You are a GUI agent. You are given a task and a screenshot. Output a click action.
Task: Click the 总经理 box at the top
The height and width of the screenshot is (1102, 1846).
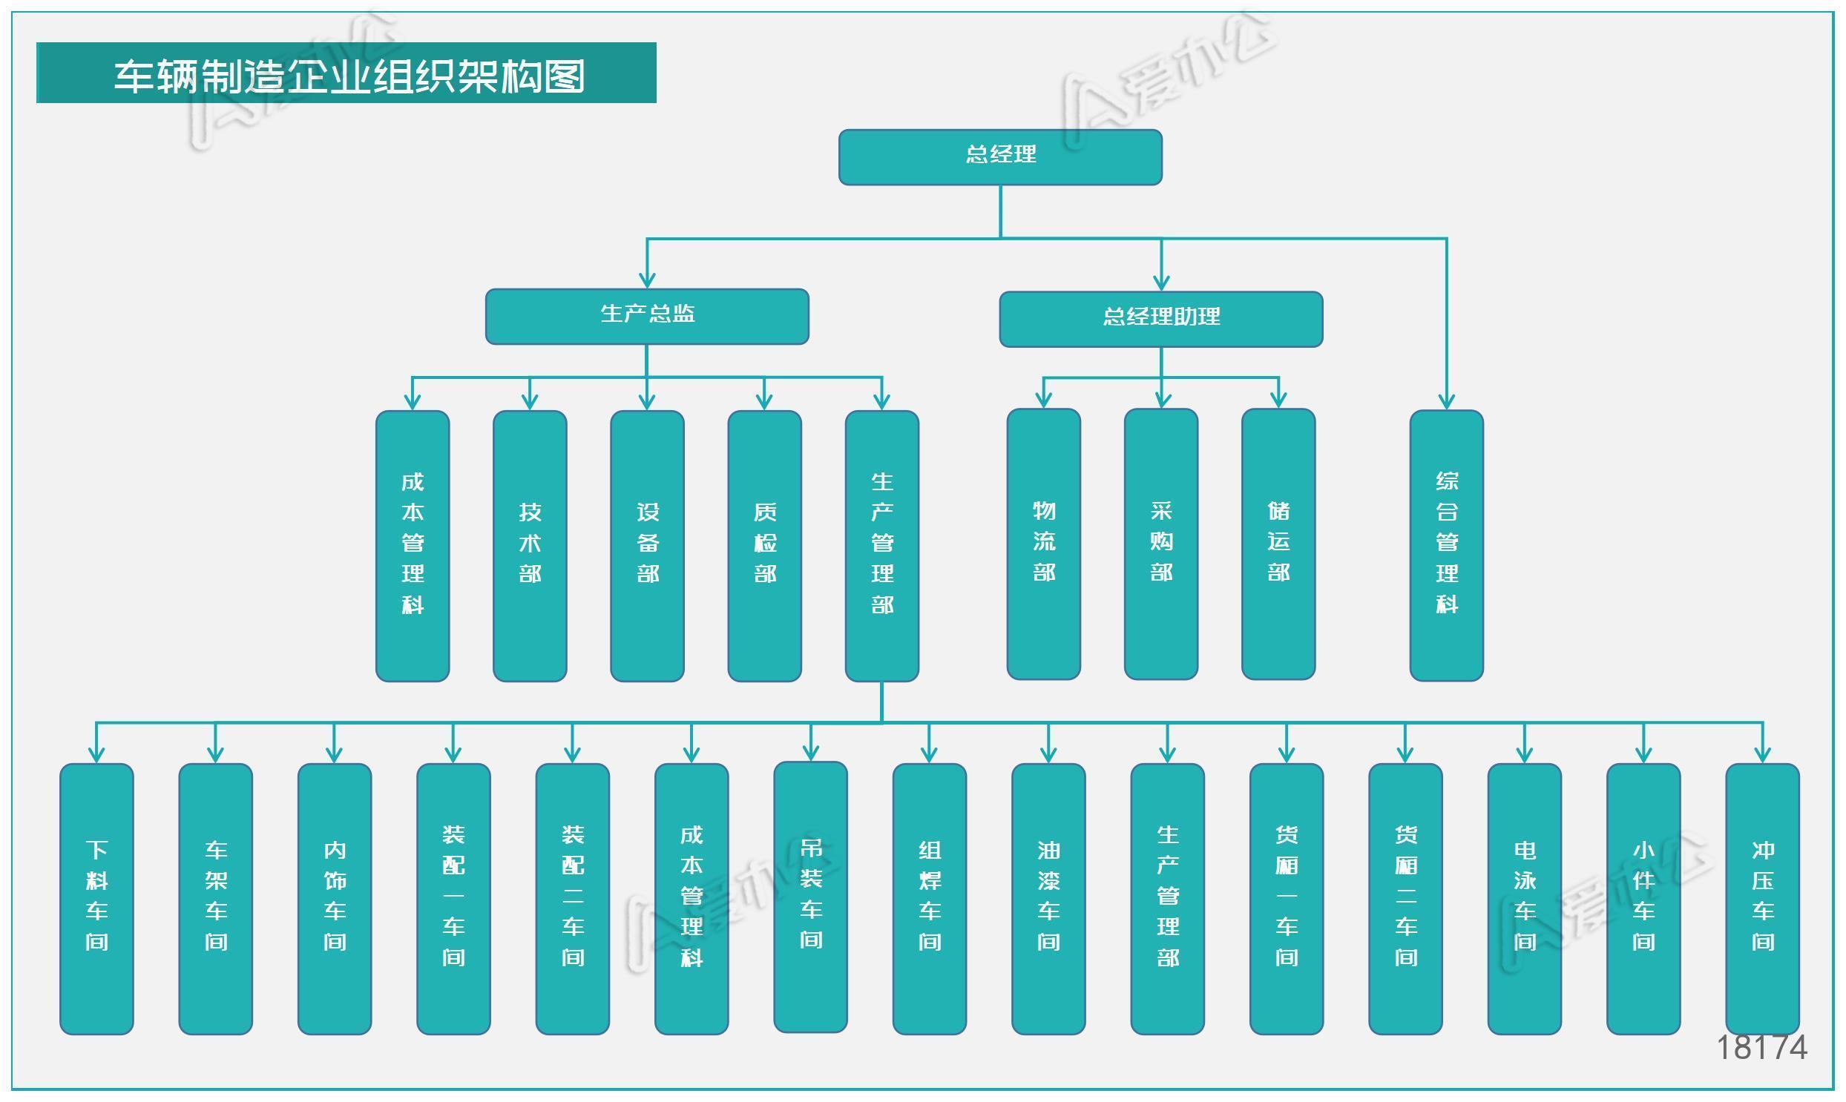pyautogui.click(x=1000, y=156)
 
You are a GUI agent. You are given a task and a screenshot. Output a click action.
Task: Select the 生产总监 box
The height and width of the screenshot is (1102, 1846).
pyautogui.click(x=647, y=317)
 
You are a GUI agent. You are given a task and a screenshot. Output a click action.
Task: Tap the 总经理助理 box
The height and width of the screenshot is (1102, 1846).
pyautogui.click(x=1160, y=319)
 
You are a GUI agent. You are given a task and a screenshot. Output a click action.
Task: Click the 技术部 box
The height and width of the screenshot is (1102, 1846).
pyautogui.click(x=530, y=545)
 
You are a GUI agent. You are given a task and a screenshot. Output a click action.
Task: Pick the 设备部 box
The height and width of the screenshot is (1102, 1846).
pyautogui.click(x=647, y=545)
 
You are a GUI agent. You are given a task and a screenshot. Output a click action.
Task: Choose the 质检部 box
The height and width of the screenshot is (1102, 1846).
pyautogui.click(x=764, y=545)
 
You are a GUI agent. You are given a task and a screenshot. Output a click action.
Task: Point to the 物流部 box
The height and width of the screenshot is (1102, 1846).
pyautogui.click(x=1044, y=544)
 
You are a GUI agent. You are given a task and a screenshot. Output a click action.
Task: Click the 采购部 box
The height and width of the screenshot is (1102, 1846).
pyautogui.click(x=1161, y=544)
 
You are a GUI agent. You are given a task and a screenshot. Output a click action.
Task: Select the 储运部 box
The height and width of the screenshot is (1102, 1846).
pyautogui.click(x=1278, y=544)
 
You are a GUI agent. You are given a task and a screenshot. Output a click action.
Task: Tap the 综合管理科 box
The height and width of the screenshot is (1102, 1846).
pyautogui.click(x=1446, y=545)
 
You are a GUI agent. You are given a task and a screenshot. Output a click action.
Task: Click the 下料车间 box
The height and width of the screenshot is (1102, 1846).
pyautogui.click(x=96, y=899)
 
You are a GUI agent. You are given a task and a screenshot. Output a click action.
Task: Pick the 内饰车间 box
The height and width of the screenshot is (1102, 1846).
pyautogui.click(x=335, y=899)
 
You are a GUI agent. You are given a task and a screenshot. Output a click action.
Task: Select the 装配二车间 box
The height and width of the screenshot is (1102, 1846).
pyautogui.click(x=572, y=899)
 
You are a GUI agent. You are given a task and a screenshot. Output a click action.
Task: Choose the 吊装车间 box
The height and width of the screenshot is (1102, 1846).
pyautogui.click(x=810, y=897)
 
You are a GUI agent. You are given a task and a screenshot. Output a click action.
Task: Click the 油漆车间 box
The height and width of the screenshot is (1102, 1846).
pyautogui.click(x=1048, y=899)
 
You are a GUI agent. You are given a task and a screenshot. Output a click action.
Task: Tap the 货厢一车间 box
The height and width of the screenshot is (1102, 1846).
pyautogui.click(x=1287, y=899)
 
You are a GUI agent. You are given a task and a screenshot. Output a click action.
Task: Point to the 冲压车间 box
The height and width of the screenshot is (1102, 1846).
pyautogui.click(x=1762, y=899)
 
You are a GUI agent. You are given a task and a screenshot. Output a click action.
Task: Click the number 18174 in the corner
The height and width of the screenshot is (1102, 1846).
pyautogui.click(x=1761, y=1048)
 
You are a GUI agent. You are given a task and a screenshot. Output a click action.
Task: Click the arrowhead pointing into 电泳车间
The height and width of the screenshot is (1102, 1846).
pyautogui.click(x=1524, y=754)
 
